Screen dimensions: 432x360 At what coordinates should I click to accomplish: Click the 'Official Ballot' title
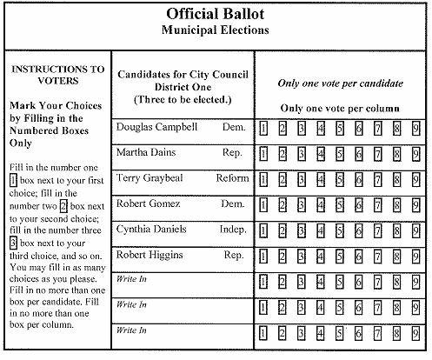coord(215,15)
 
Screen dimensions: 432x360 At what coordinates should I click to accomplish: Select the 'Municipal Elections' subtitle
coord(215,30)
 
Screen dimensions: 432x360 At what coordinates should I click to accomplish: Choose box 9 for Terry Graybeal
coord(416,181)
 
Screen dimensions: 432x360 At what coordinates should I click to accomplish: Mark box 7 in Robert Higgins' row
coord(378,257)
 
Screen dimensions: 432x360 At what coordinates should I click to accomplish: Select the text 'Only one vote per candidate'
coord(340,83)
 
